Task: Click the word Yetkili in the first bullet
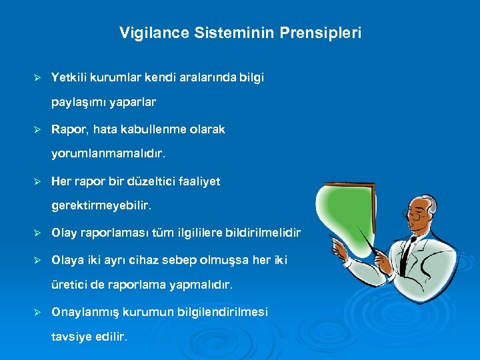click(68, 77)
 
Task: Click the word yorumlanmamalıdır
click(107, 154)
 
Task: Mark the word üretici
click(69, 285)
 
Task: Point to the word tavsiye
click(70, 337)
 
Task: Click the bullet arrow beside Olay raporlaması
click(38, 233)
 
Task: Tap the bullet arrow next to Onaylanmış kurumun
click(38, 312)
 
